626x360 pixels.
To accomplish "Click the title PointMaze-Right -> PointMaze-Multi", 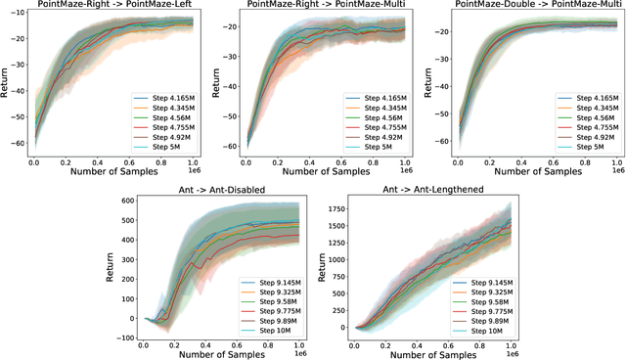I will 318,6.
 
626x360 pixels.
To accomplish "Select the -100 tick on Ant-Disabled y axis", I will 121,337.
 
